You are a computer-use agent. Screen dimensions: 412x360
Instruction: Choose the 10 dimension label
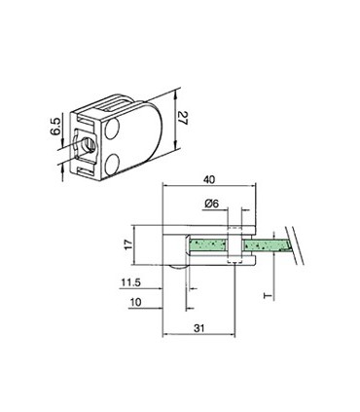point(134,304)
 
